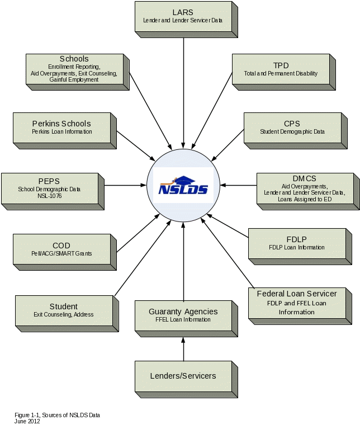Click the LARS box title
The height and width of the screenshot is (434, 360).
tap(183, 12)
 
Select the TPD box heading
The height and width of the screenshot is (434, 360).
tap(281, 65)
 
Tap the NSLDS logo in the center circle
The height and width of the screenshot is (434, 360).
tap(183, 186)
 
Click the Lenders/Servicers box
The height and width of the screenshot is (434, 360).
tap(183, 376)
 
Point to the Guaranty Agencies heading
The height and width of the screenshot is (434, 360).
tap(183, 312)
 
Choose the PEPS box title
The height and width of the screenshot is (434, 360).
tap(49, 181)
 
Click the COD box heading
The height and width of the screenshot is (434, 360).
tap(61, 246)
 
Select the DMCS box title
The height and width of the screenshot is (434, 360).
tap(304, 178)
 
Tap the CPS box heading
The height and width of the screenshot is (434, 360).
tap(292, 124)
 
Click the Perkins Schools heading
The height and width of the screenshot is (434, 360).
tap(61, 124)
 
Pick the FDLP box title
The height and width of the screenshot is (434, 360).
tap(296, 239)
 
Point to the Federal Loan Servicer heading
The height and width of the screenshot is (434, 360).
tap(297, 294)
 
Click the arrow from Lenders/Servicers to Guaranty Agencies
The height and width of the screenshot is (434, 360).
tap(183, 349)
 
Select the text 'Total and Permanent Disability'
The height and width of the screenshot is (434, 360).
tap(281, 74)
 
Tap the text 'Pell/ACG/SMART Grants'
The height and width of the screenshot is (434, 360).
tap(61, 253)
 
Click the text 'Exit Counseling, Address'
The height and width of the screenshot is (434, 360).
tap(64, 315)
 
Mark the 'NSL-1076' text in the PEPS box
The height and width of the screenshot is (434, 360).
tap(49, 196)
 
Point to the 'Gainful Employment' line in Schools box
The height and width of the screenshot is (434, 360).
tap(74, 80)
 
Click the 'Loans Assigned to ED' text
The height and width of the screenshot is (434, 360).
tap(304, 199)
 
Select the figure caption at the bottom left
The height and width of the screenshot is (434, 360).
tap(56, 417)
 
